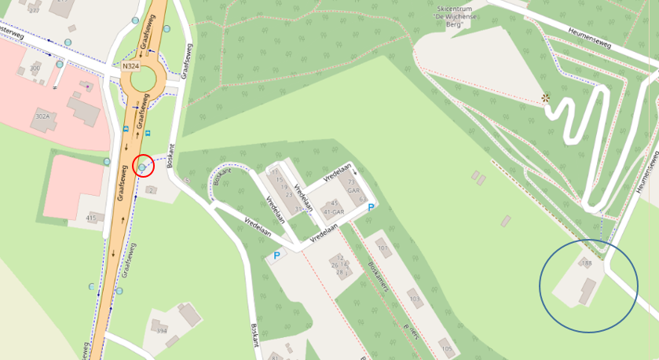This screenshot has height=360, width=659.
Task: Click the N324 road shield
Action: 130,67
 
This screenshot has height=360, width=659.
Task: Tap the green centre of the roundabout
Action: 145,79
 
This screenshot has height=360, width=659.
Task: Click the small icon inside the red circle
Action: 142,167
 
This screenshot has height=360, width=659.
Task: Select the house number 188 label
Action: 586,263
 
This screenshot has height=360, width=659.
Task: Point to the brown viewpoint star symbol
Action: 545,98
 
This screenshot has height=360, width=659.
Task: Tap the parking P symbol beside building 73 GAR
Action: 370,207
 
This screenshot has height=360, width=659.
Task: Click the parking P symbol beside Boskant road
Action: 276,256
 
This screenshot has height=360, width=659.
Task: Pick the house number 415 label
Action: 90,218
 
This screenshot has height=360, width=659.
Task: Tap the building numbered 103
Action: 415,298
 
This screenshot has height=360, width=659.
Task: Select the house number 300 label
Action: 34,69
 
